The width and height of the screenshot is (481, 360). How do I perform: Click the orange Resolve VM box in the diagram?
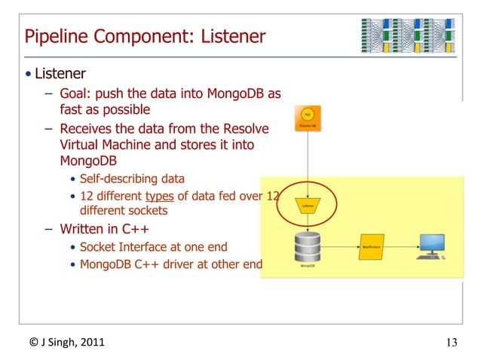point(307,120)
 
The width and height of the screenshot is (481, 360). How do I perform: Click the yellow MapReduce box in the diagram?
point(369,245)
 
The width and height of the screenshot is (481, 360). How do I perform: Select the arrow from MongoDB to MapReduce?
point(339,245)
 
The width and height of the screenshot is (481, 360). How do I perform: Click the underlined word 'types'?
point(159,197)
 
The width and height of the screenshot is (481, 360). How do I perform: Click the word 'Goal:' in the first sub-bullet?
point(78,94)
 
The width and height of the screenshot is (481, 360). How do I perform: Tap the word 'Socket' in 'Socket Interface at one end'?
point(99,246)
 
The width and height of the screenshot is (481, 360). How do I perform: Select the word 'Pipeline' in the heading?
point(54,36)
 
